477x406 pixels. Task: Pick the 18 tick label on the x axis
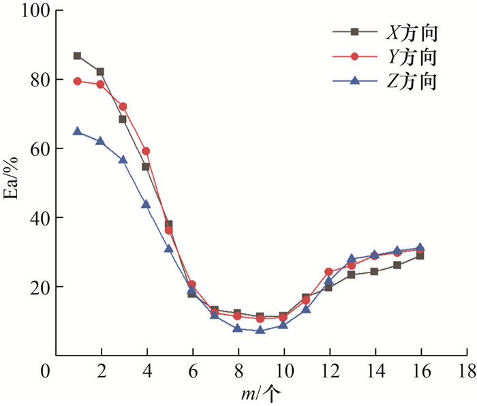click(x=467, y=372)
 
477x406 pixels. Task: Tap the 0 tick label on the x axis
click(x=45, y=372)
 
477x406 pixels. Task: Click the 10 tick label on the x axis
click(x=283, y=372)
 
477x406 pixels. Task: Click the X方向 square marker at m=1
click(x=78, y=56)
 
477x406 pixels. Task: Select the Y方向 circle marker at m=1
click(x=78, y=81)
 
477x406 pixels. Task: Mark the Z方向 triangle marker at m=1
click(x=78, y=131)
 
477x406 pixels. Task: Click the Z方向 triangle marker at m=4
click(x=146, y=204)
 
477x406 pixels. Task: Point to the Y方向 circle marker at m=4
click(x=146, y=151)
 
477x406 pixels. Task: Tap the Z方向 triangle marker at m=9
click(x=260, y=329)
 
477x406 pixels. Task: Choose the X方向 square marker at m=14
click(x=375, y=271)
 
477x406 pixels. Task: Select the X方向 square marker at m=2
click(x=100, y=72)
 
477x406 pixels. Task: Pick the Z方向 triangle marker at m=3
click(x=123, y=159)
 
